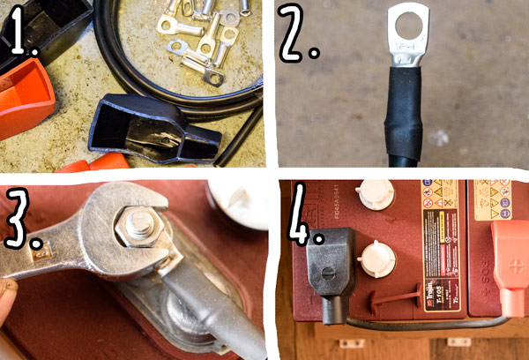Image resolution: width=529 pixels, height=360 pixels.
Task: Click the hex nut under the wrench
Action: (137, 228)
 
